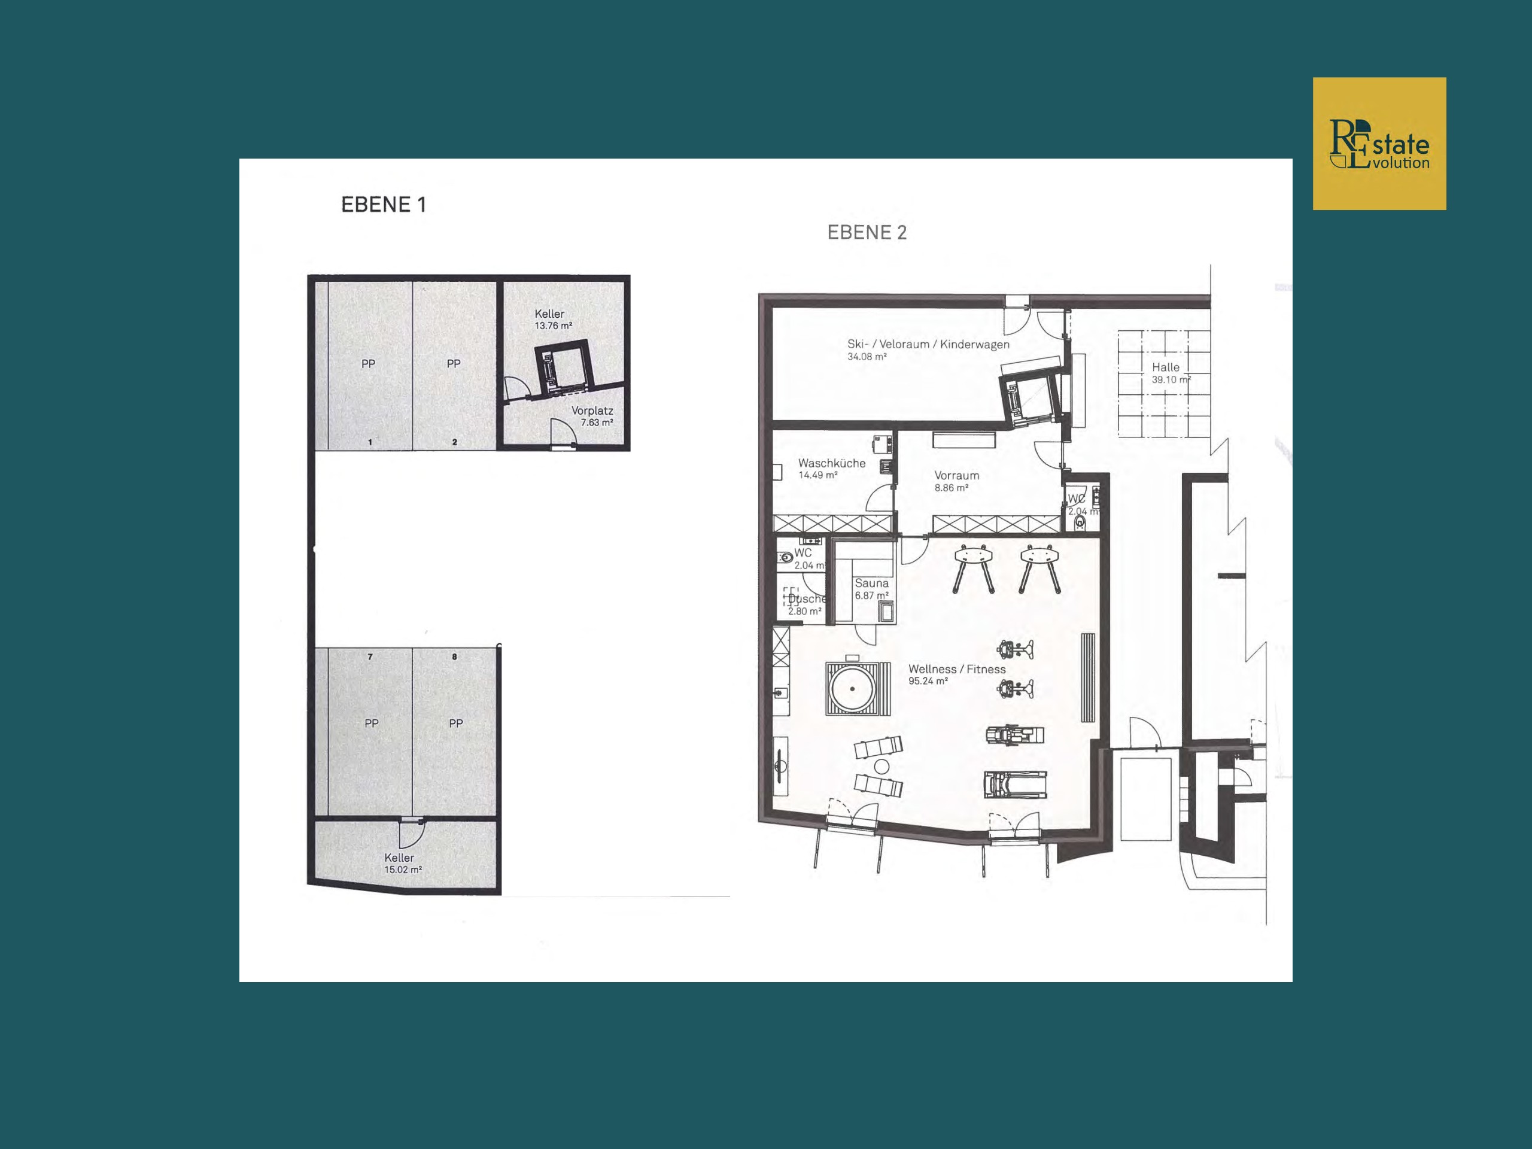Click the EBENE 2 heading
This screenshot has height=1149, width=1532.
(x=867, y=233)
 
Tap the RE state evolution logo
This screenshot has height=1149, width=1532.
(x=1379, y=144)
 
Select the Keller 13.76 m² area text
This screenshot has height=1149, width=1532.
(x=554, y=326)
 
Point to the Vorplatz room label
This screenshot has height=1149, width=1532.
(x=592, y=411)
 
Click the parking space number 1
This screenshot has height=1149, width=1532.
(x=370, y=442)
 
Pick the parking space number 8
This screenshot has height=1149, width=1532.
(x=454, y=656)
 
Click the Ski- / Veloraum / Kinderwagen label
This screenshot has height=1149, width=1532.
(x=929, y=344)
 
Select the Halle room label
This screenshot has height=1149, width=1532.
(x=1166, y=367)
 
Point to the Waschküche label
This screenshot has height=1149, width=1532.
(x=832, y=463)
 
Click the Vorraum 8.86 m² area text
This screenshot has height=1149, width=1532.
(x=952, y=488)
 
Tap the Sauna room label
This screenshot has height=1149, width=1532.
(x=871, y=583)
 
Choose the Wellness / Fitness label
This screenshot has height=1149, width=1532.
(x=957, y=669)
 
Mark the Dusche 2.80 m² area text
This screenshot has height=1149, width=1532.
(x=805, y=612)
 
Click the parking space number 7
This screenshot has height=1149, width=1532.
(x=370, y=656)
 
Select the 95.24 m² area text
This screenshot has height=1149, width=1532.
(x=928, y=682)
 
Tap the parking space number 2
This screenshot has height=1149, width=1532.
(x=454, y=442)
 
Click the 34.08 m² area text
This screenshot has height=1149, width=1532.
(x=867, y=357)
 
